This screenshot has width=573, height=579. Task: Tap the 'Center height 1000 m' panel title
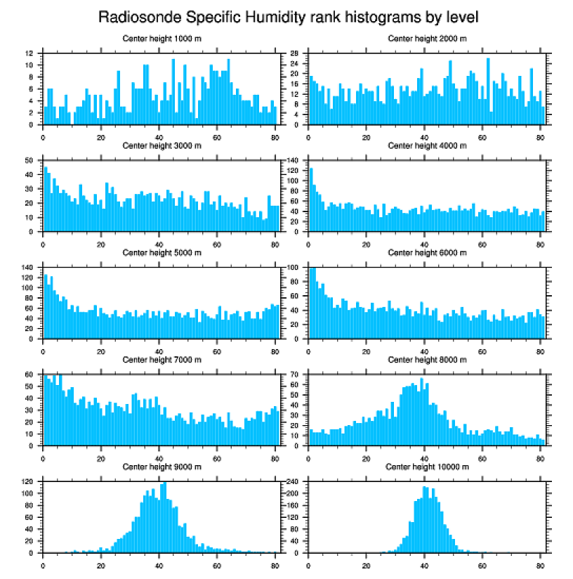(162, 38)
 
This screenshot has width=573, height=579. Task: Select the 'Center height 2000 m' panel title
(427, 38)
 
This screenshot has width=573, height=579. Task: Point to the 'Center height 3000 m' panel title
(162, 145)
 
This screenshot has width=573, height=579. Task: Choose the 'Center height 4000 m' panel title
(427, 145)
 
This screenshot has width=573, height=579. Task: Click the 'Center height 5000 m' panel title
(162, 252)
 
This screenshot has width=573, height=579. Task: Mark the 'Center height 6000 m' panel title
(427, 252)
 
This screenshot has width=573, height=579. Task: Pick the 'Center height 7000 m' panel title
(162, 360)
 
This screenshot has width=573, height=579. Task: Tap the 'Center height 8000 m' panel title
(427, 360)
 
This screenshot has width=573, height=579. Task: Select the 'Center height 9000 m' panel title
(162, 467)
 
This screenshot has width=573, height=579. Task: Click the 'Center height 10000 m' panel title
(427, 467)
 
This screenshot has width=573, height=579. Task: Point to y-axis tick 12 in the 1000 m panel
(29, 53)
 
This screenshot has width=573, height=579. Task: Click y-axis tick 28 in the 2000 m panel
(296, 53)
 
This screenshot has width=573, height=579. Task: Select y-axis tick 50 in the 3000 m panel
(29, 161)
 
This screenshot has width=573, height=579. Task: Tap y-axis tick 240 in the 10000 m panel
(294, 482)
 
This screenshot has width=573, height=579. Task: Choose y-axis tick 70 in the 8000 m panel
(296, 375)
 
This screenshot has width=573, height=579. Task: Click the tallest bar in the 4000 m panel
(311, 200)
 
